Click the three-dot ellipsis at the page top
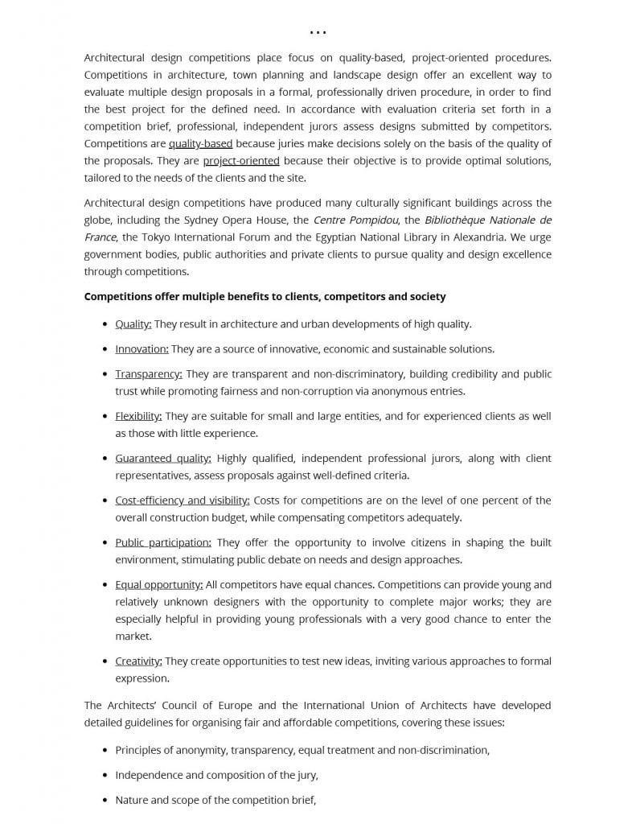[x=318, y=33]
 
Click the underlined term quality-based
[x=200, y=143]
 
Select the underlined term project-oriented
[x=241, y=160]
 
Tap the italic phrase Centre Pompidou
[x=355, y=220]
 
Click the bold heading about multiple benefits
[x=265, y=296]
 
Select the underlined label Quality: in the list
[x=133, y=323]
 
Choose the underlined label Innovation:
[x=142, y=348]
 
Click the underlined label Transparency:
[x=149, y=374]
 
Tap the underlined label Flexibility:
[x=138, y=416]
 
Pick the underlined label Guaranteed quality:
[x=163, y=458]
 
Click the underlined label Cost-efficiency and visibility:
[x=183, y=500]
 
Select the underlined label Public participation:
[x=163, y=542]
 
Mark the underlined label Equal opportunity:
[x=158, y=584]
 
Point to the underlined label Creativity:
[x=138, y=661]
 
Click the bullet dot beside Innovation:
[x=105, y=349]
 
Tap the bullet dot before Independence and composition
[x=105, y=776]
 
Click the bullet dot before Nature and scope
[x=105, y=801]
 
